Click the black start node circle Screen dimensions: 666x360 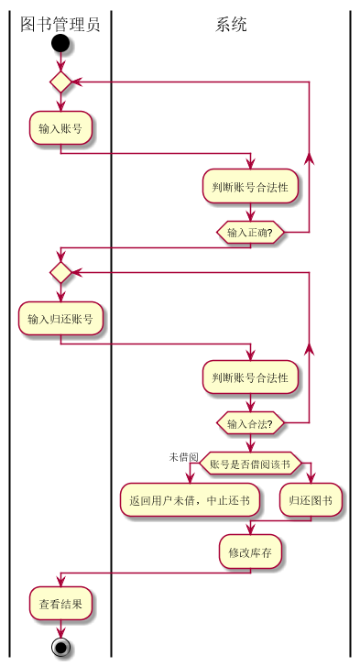(60, 43)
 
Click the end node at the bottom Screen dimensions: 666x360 (60, 648)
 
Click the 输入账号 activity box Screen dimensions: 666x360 (60, 128)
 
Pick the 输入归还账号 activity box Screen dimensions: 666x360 (60, 320)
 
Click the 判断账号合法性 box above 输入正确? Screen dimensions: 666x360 (250, 187)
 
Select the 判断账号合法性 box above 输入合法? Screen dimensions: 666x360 (250, 377)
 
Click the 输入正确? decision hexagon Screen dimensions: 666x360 (250, 233)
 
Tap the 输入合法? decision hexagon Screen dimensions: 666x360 (250, 423)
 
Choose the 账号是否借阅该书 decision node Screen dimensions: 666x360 (250, 464)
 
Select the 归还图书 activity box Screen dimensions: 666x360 (311, 500)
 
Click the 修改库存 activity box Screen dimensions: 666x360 (250, 552)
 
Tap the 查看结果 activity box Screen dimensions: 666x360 (60, 605)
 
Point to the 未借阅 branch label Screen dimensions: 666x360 (183, 456)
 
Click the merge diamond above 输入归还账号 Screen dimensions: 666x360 (60, 272)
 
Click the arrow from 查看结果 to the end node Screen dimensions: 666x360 (60, 628)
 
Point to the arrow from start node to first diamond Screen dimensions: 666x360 (60, 61)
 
